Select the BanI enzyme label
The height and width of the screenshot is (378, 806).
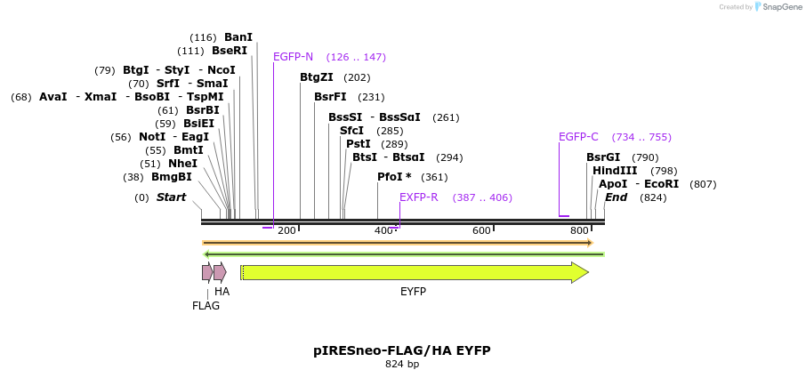coord(238,37)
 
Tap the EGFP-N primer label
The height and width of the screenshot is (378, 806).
coord(293,57)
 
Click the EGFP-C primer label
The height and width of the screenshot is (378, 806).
coord(578,137)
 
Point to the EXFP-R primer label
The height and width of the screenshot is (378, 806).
coord(418,197)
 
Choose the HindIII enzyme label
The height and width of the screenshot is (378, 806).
coord(615,171)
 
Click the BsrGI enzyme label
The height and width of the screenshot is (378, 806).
coord(602,157)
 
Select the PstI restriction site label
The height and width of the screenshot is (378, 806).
coord(358,144)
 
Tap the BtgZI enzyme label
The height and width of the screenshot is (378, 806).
coord(317,77)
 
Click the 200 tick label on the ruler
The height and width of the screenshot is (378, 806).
coord(286,231)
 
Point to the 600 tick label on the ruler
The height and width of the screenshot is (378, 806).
coord(482,231)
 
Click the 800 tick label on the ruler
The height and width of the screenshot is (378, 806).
coord(579,231)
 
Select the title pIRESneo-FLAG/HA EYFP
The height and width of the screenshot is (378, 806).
coord(402,350)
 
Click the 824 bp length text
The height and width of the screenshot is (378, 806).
coord(402,365)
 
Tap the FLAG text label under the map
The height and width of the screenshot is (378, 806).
coord(206,306)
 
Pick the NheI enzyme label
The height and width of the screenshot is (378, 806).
coord(182,164)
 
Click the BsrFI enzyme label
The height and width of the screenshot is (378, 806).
coord(330,97)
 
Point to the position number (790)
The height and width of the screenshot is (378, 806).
coord(645,157)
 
